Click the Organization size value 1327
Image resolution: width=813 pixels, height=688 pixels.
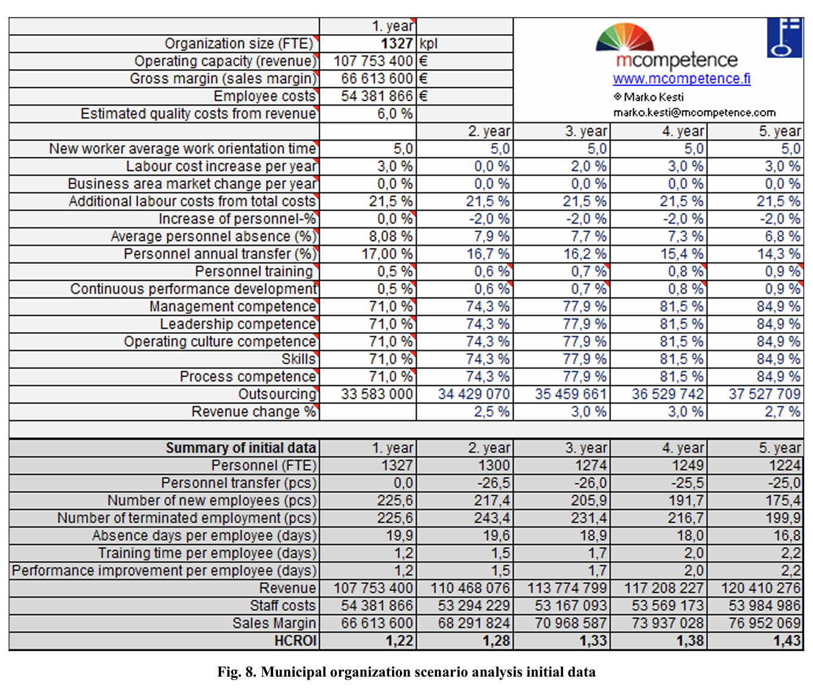[396, 44]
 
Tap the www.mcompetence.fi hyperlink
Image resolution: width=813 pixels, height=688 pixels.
[681, 79]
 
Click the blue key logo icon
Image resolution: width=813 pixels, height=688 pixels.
[784, 38]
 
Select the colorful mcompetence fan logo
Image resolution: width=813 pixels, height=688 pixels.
[625, 37]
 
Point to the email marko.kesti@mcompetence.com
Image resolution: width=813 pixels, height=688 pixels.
[694, 112]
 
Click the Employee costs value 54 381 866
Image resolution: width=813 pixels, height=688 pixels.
[377, 96]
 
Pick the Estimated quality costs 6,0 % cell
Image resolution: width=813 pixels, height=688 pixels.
[395, 114]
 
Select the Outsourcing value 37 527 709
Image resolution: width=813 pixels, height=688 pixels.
[764, 394]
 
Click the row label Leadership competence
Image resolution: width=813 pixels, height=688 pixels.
[237, 324]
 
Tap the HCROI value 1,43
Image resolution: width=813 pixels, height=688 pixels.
[786, 641]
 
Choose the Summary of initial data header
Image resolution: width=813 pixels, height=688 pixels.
[240, 448]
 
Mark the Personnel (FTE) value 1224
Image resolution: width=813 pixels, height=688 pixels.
[784, 465]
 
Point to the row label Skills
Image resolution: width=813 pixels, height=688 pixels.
[298, 359]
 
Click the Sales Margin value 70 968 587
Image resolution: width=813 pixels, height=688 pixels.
[570, 623]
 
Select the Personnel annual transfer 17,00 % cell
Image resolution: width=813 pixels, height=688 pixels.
[386, 254]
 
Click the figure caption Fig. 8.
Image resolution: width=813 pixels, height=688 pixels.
[406, 672]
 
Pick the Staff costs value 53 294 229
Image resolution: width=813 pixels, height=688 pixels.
[473, 605]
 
